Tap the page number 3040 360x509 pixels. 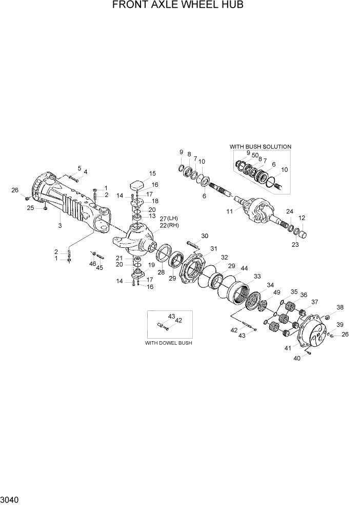click(x=10, y=499)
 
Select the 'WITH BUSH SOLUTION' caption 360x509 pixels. click(x=260, y=147)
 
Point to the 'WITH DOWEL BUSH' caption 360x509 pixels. click(x=168, y=343)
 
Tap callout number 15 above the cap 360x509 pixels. click(x=152, y=173)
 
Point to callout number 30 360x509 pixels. click(x=205, y=236)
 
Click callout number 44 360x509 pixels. click(x=244, y=268)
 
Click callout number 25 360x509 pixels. click(x=30, y=208)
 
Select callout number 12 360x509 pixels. click(x=302, y=218)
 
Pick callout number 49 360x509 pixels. click(x=277, y=292)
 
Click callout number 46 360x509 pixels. click(x=93, y=263)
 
